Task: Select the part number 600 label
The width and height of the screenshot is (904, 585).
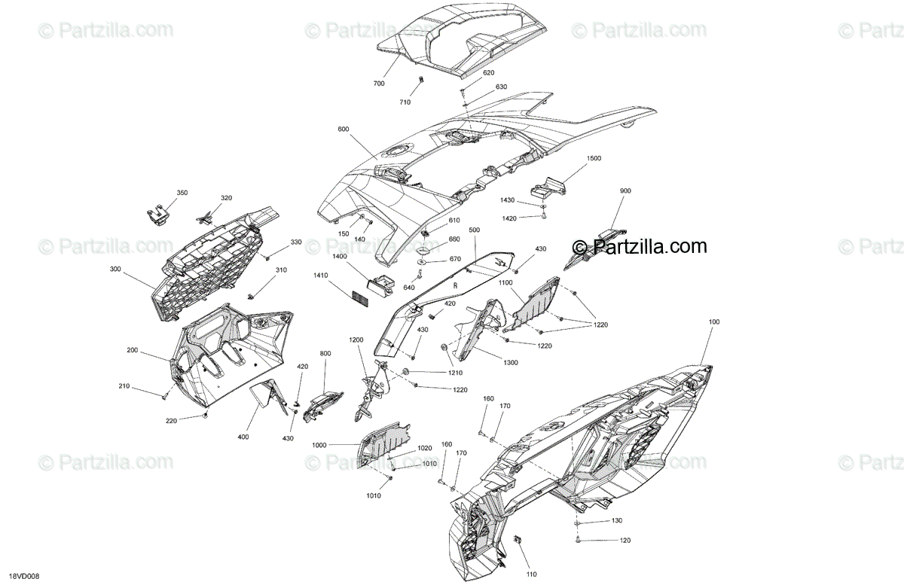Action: click(x=344, y=129)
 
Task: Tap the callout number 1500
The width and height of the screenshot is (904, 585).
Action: click(x=594, y=159)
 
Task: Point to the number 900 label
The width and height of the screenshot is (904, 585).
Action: click(x=625, y=191)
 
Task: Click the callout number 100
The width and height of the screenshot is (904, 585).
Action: click(x=714, y=322)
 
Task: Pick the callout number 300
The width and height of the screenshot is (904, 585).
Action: click(x=115, y=269)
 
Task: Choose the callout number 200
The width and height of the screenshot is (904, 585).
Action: click(x=133, y=351)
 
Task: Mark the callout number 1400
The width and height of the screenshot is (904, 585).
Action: click(x=339, y=256)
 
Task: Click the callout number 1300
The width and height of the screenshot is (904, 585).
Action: click(x=511, y=363)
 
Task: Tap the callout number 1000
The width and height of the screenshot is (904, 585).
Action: click(x=319, y=445)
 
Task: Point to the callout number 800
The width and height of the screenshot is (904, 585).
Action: click(x=325, y=352)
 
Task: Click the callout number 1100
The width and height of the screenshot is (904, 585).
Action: click(x=505, y=282)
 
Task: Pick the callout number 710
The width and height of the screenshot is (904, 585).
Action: click(x=405, y=102)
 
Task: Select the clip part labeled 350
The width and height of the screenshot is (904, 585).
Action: click(x=156, y=215)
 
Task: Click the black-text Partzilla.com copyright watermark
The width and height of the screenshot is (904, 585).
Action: click(x=640, y=246)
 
